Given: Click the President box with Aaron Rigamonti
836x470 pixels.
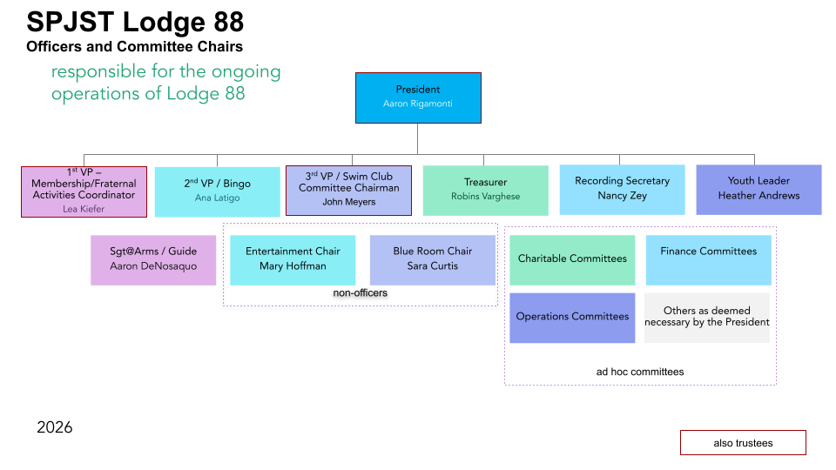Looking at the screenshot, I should click(418, 97).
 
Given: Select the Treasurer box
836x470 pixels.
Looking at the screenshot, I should click(485, 190).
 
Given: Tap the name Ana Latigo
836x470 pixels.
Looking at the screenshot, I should click(217, 198).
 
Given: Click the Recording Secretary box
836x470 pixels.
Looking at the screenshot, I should click(622, 189).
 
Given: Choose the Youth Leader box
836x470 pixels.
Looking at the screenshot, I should click(758, 189).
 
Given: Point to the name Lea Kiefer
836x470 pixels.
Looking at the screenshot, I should click(84, 209).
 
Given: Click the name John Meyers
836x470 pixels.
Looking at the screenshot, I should click(348, 202).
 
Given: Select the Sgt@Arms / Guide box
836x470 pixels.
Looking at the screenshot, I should click(153, 259).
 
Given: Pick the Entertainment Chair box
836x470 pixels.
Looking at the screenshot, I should click(293, 259).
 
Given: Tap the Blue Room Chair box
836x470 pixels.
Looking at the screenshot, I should click(432, 259).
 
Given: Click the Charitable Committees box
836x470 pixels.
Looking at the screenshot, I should click(572, 259).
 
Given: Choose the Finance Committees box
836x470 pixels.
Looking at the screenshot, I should click(708, 259).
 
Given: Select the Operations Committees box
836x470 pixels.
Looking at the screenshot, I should click(572, 317).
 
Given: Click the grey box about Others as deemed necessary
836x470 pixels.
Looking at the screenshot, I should click(707, 317).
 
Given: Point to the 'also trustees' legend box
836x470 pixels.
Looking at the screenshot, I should click(743, 443).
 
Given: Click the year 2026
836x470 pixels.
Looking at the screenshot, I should click(55, 427).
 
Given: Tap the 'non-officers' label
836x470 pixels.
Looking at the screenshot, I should click(360, 293).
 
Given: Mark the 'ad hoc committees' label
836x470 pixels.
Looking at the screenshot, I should click(640, 372).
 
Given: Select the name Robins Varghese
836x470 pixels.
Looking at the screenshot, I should click(485, 197).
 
